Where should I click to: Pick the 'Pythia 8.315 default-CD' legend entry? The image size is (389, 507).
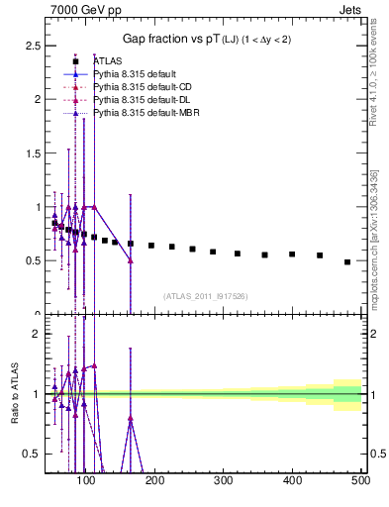pyautogui.click(x=140, y=87)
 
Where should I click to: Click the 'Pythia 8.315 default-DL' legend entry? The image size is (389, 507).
pyautogui.click(x=140, y=100)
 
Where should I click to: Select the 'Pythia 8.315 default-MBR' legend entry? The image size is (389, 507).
pyautogui.click(x=143, y=113)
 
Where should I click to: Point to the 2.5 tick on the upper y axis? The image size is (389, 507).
pyautogui.click(x=34, y=46)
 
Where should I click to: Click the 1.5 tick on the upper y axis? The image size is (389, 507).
pyautogui.click(x=34, y=153)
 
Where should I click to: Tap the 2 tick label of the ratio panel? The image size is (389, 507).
pyautogui.click(x=37, y=334)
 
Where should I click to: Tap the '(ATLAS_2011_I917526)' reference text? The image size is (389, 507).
pyautogui.click(x=205, y=295)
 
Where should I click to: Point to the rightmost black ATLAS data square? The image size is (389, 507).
pyautogui.click(x=347, y=262)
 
